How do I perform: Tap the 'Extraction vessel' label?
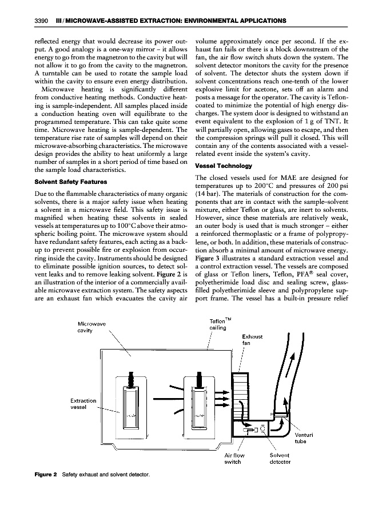pos(82,404)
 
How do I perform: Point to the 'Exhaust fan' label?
pos(252,340)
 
